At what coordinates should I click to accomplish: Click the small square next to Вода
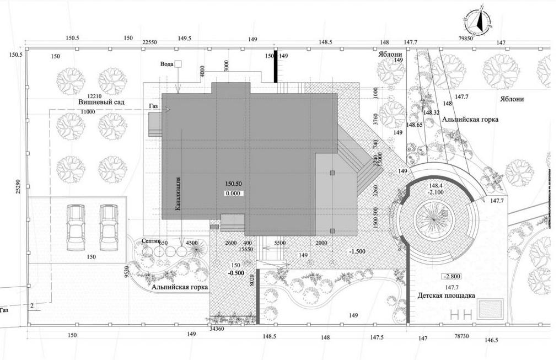(x=178, y=64)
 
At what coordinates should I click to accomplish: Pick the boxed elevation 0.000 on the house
(x=234, y=194)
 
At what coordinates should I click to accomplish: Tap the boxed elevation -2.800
(x=452, y=277)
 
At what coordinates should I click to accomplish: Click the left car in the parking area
(x=75, y=227)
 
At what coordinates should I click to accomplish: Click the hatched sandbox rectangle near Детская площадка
(x=491, y=309)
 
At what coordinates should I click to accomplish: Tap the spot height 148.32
(x=432, y=112)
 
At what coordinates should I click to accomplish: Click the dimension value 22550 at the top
(x=150, y=42)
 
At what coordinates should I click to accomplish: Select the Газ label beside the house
(x=154, y=105)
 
